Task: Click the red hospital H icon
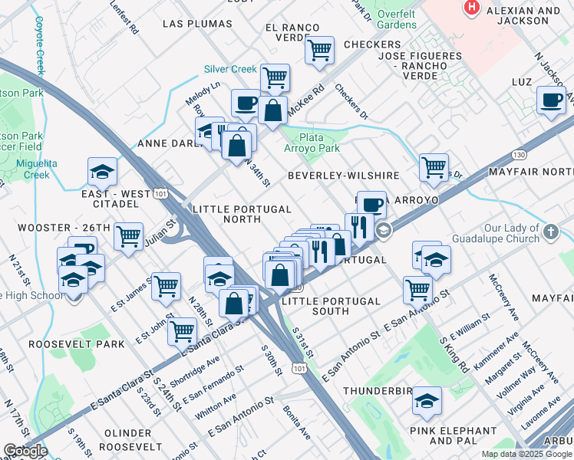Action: coord(473,8)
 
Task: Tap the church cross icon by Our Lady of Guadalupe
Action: coord(549,231)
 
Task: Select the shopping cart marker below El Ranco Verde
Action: coord(319,51)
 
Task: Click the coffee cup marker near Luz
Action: coord(551,100)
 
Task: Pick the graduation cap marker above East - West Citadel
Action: coord(101,172)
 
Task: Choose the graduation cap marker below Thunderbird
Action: coord(427,401)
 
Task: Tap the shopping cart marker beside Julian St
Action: coord(129,236)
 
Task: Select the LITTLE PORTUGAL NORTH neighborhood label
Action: coord(242,214)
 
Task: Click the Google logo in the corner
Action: coord(25,451)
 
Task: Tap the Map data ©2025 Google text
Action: coord(526,454)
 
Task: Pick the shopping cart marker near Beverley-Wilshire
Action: coord(434,166)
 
